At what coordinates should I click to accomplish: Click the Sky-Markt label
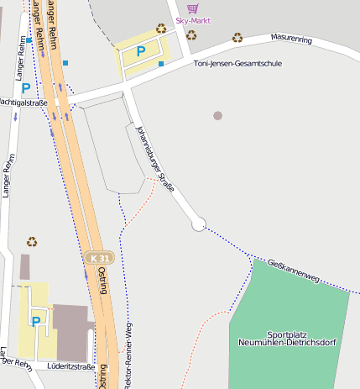coord(193,20)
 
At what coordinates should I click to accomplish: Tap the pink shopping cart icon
coord(193,8)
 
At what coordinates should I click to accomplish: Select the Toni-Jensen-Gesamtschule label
coord(237,64)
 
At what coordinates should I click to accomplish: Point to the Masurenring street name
coord(291,39)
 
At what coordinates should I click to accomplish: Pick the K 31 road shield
coord(98,257)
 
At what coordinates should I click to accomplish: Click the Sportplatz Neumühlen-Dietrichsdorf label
coord(287,339)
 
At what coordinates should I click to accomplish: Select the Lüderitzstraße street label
coord(70,366)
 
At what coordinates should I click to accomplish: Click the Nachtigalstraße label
coord(23,102)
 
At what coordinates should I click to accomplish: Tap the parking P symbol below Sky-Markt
coord(141,51)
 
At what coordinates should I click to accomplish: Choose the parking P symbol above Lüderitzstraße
coord(36,320)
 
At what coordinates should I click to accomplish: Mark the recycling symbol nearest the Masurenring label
coord(237,37)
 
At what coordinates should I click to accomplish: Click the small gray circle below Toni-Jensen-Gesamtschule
coord(218,115)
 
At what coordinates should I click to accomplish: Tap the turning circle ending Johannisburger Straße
coord(199,224)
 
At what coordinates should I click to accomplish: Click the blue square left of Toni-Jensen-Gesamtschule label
coord(161,64)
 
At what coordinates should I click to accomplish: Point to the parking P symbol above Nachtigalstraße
coord(26,87)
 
